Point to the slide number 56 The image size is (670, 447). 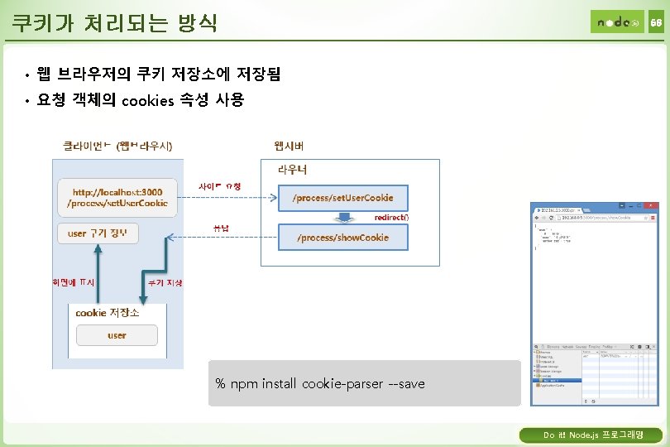tap(655, 22)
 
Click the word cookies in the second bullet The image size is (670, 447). tap(147, 101)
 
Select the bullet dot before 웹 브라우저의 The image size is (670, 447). tap(27, 76)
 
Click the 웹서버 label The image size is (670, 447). tap(289, 146)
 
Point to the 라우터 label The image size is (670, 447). tap(292, 169)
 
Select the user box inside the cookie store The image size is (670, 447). tap(117, 335)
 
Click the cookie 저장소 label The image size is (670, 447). tap(108, 313)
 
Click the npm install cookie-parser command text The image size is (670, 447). tap(319, 384)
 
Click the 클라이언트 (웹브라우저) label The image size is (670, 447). tap(117, 146)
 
